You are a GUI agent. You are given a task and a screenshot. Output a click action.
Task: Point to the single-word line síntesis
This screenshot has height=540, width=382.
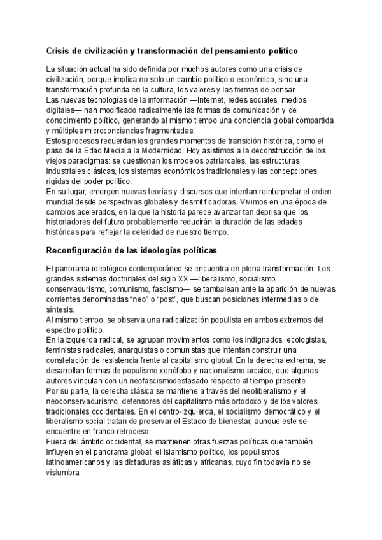tap(61, 309)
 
